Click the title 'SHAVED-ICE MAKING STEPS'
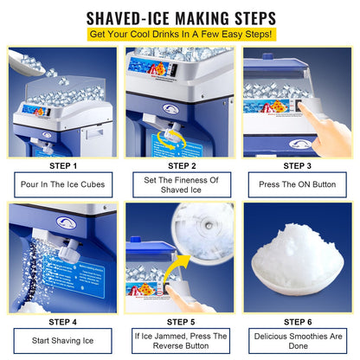click(x=180, y=16)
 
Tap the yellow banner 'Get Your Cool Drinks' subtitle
click(x=180, y=35)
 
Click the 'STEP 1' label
click(x=62, y=165)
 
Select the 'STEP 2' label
click(x=180, y=165)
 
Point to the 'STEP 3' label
click(x=299, y=165)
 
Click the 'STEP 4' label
click(x=62, y=321)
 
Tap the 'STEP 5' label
click(x=180, y=321)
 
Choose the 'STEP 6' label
click(x=299, y=321)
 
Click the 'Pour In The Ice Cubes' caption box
click(x=62, y=184)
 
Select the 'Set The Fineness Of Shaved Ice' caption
click(x=180, y=184)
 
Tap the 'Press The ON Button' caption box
click(x=299, y=184)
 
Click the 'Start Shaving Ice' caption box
click(x=62, y=340)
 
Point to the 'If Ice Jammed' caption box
click(x=180, y=340)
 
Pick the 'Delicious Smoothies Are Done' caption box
click(x=299, y=340)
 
